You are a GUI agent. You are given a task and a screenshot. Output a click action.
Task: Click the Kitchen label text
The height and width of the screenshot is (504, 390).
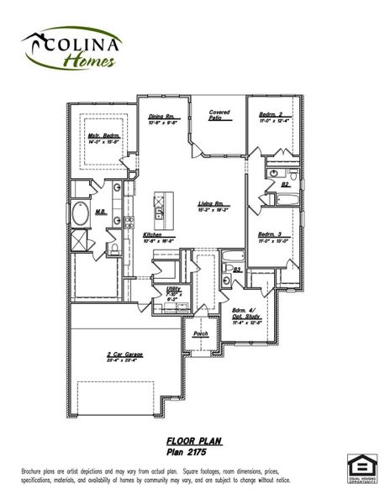point(152,234)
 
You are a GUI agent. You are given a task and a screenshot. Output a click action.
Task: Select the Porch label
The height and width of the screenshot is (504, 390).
point(201,333)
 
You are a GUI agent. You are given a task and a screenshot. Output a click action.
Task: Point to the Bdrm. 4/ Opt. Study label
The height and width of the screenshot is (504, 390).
point(245,314)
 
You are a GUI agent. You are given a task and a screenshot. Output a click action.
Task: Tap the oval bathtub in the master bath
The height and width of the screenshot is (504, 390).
point(81,215)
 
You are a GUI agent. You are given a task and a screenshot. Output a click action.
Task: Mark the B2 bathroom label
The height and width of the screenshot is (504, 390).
point(285,183)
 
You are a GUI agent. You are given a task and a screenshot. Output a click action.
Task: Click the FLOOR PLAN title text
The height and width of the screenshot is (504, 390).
point(192,440)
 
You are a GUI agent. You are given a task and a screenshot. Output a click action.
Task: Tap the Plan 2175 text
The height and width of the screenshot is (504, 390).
point(192,451)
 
